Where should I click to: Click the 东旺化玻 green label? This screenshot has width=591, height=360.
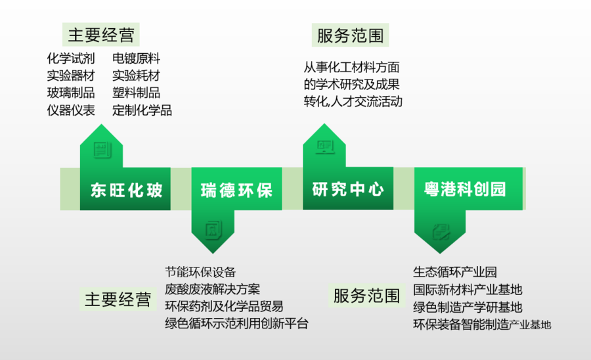(127, 191)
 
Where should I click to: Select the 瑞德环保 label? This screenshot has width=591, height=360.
(237, 191)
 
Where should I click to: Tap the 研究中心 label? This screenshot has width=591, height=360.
(348, 190)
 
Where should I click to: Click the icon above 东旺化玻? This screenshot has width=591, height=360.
(102, 149)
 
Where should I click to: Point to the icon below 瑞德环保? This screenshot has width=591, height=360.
(213, 231)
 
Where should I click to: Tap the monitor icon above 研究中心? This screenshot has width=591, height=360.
(325, 148)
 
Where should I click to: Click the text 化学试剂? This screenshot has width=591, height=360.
(71, 58)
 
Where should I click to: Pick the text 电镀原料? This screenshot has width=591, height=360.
(136, 58)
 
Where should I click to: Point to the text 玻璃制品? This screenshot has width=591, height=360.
(71, 93)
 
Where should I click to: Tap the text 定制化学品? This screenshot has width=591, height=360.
(142, 110)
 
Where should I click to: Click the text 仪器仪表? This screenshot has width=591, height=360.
(71, 110)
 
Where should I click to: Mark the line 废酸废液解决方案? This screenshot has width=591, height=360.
(212, 288)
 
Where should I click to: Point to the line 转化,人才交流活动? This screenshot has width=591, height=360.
(353, 102)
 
